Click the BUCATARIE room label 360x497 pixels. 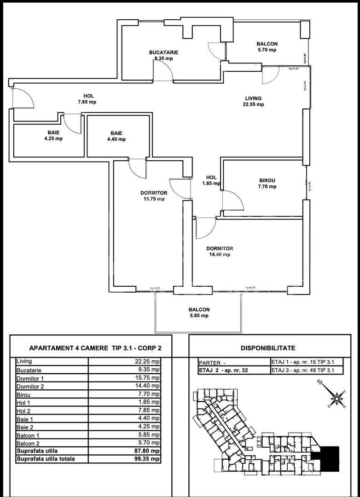point(163,52)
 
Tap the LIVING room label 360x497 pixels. point(253,98)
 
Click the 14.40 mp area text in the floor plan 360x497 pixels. point(220,254)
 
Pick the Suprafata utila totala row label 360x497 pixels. point(46,459)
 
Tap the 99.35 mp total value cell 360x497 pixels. point(147,459)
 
